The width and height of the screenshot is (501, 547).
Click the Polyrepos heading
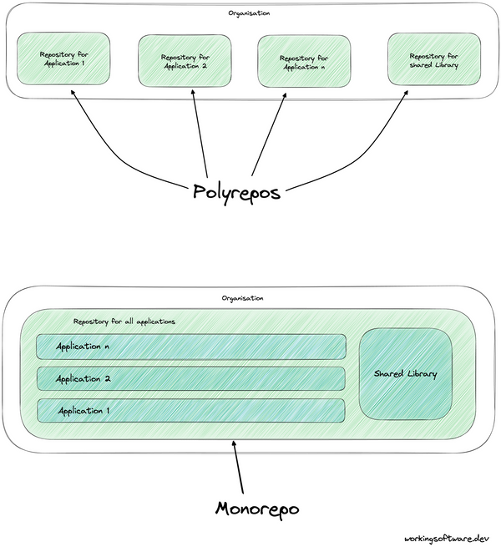coord(236,190)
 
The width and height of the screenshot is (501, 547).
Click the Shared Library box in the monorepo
coord(406,373)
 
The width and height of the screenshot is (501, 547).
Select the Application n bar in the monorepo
coord(190,346)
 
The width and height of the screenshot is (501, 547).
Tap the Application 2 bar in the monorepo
coord(190,378)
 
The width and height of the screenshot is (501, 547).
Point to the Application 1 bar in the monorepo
coord(190,410)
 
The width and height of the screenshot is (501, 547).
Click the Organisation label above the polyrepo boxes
coord(248,13)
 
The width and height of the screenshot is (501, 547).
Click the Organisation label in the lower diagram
coord(242,297)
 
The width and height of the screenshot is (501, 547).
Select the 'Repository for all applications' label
coord(124,321)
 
